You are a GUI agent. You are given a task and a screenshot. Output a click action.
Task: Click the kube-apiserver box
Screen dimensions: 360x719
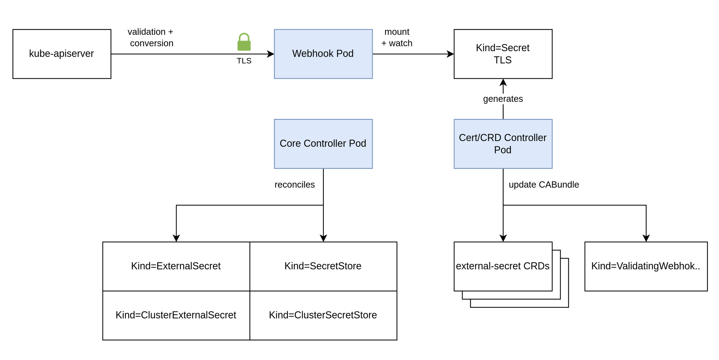coord(62,54)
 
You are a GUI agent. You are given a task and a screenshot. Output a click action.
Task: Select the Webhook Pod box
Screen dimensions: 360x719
coord(323,54)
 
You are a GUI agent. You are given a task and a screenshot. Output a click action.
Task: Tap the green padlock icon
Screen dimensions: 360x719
coord(244,42)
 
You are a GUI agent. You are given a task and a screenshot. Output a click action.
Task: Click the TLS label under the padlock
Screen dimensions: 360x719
coord(244,61)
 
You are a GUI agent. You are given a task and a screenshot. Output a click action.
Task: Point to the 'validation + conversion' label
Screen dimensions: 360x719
coord(151,37)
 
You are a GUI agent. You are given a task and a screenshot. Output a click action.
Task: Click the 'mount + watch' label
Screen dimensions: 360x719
coord(397,37)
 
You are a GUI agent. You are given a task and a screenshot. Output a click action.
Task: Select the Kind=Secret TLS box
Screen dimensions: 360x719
coord(503,54)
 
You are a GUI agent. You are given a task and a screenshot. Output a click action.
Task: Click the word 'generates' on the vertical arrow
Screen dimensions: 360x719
coord(503,99)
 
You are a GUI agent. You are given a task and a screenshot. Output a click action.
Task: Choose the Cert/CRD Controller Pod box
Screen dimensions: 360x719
coord(503,144)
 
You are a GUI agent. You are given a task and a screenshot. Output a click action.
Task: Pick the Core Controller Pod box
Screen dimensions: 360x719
coord(323,144)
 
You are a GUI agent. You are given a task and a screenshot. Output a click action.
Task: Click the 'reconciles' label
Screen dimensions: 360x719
coord(294,185)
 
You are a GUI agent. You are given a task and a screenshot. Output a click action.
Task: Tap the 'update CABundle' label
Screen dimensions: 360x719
coord(543,185)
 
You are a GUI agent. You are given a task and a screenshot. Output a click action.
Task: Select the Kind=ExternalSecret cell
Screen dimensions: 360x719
coord(176,266)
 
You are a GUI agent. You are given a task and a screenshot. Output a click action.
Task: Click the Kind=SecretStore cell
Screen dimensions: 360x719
coord(323,266)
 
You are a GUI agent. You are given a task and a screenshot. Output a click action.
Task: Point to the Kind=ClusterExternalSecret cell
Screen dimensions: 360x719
coord(176,315)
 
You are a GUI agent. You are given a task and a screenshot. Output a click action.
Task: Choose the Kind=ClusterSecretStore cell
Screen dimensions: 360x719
coord(323,315)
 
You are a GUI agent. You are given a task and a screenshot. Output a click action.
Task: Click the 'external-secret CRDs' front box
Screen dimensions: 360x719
coord(503,266)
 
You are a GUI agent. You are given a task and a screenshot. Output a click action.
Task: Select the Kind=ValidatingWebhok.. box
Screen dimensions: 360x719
coord(646,266)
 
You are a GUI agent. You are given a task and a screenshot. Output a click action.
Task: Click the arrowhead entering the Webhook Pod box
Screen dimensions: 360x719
coord(271,54)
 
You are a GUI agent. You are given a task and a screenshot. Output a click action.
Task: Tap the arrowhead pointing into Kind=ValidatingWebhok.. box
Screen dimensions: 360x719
coord(646,238)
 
